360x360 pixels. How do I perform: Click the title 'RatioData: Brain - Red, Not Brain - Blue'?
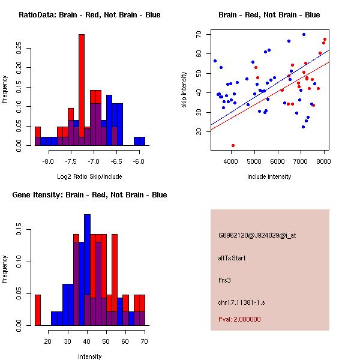[x=89, y=15]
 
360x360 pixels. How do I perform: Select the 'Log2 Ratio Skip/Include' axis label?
[x=89, y=177]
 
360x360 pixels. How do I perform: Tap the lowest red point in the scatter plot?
[x=233, y=145]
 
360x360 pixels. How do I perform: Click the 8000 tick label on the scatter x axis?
[x=324, y=161]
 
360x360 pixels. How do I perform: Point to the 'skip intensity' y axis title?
[x=185, y=90]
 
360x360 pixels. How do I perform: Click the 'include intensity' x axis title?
[x=269, y=177]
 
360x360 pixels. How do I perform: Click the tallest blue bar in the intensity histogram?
[x=87, y=270]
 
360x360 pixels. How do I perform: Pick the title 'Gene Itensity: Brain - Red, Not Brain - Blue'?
[x=89, y=195]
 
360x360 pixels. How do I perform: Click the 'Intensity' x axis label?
[x=89, y=357]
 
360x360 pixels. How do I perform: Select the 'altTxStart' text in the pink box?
[x=232, y=258]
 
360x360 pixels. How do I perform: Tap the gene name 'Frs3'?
[x=225, y=280]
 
